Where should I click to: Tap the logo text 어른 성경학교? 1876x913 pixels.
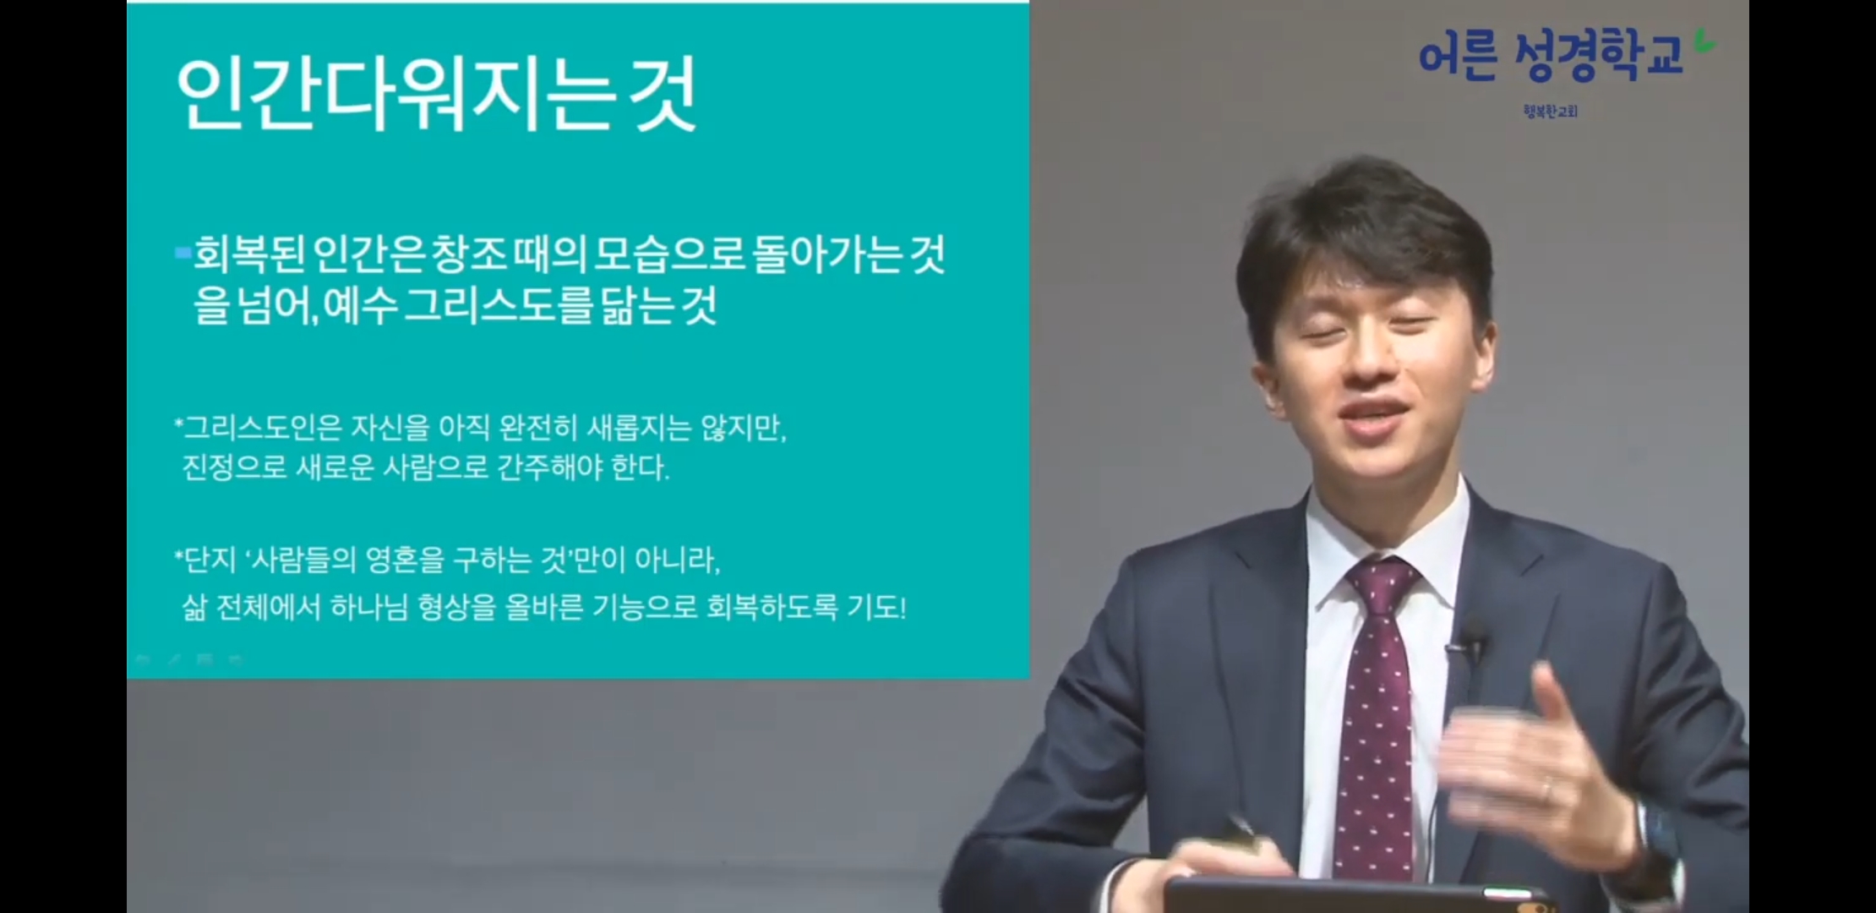(1551, 55)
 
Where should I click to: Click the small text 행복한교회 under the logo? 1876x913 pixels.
(1551, 111)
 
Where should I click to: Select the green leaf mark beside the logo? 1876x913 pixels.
(1704, 41)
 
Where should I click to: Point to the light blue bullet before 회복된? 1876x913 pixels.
(183, 251)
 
